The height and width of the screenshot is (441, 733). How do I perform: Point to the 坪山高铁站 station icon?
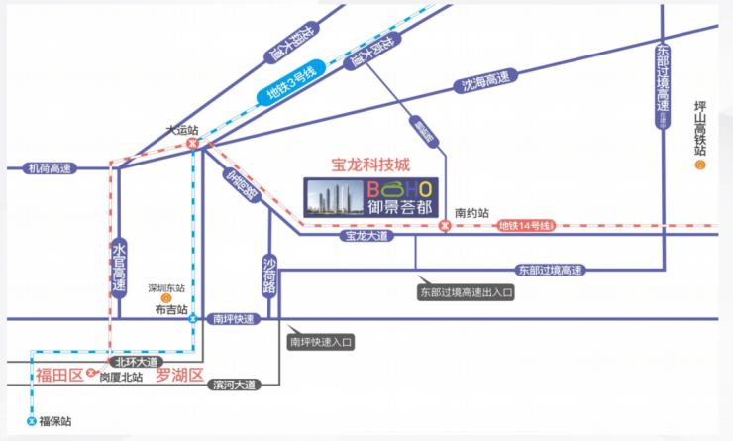700,165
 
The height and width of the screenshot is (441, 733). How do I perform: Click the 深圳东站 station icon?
166,296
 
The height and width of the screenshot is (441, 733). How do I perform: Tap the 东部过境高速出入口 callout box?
468,293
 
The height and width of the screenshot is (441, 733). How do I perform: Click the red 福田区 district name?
56,375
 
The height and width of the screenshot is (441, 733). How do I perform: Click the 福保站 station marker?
31,421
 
